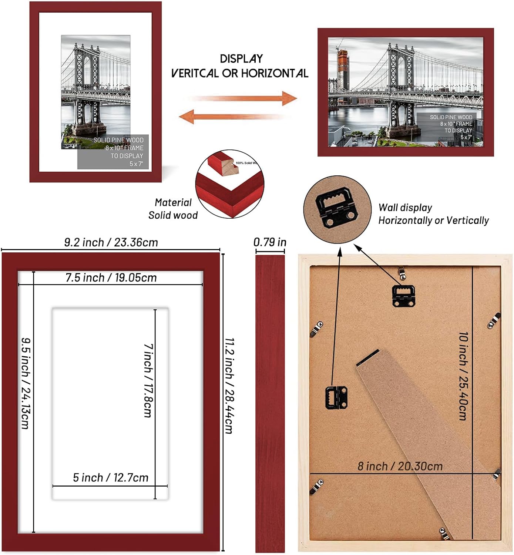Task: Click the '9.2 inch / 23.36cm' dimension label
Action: (111, 242)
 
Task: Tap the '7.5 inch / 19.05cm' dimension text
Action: (111, 277)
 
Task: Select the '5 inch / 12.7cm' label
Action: (110, 478)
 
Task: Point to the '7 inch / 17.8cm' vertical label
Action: (148, 380)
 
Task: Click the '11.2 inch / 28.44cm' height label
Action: (229, 385)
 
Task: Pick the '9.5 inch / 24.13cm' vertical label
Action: (25, 383)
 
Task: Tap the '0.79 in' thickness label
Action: (270, 242)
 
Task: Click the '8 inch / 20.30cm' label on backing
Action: (400, 466)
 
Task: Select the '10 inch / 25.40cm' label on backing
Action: (463, 376)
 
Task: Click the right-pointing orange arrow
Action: (244, 98)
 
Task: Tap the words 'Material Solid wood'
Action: (173, 209)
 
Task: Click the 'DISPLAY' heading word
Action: (241, 59)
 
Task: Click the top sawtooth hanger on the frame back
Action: (403, 295)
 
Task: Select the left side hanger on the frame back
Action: (336, 397)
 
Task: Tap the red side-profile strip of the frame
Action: (270, 403)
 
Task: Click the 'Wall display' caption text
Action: (405, 208)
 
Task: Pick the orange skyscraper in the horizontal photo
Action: (343, 70)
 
